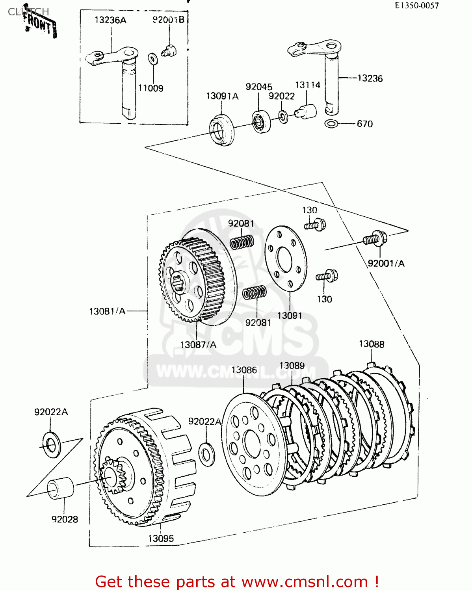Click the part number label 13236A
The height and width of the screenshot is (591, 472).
(x=110, y=20)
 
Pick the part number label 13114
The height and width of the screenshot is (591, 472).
(x=308, y=85)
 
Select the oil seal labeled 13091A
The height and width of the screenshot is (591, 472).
(x=221, y=130)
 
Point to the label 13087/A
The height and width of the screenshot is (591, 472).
(x=198, y=345)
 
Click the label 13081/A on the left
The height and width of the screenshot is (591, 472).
(x=107, y=311)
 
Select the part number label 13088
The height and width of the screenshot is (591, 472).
(x=371, y=344)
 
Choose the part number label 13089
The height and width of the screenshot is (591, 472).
(x=292, y=366)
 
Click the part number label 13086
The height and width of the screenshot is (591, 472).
(x=244, y=370)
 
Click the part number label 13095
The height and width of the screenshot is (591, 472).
(x=161, y=538)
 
